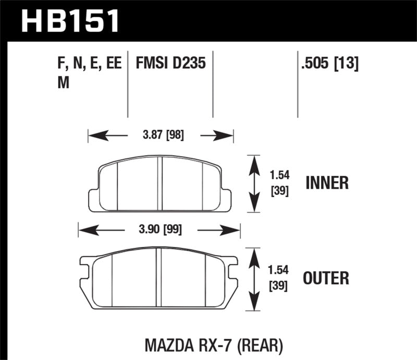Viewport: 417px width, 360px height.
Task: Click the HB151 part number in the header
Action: click(71, 20)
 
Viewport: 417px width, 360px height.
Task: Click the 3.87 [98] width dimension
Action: click(162, 136)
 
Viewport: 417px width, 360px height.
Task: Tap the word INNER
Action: click(326, 183)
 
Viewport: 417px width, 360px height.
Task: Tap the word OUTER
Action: click(327, 278)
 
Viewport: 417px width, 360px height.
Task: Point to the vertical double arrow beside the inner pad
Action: click(253, 183)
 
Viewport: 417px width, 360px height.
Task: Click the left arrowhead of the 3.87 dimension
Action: click(94, 136)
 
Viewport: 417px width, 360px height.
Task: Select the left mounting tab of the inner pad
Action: click(94, 199)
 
